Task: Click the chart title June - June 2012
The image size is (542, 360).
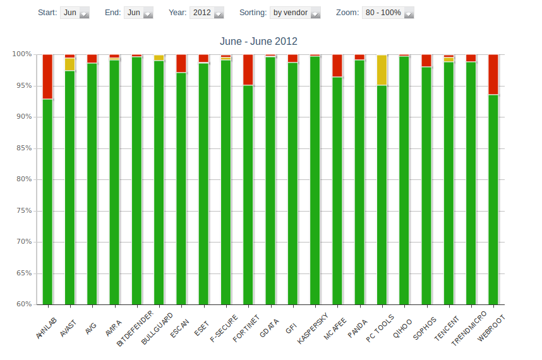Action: tap(258, 42)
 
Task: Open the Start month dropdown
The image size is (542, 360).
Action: tap(75, 13)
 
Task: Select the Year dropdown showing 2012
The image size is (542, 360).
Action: tap(207, 13)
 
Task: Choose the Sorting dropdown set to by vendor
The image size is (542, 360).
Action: tap(296, 13)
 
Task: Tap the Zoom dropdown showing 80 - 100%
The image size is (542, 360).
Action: tap(388, 13)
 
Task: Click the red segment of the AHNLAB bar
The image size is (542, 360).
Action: tap(47, 76)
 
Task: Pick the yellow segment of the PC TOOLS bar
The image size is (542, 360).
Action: tap(382, 69)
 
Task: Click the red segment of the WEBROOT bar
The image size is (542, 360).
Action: tap(493, 75)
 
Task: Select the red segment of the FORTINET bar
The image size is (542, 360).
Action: tap(248, 69)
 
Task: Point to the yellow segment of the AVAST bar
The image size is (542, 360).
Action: tap(69, 64)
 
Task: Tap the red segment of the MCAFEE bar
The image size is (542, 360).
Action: tap(337, 66)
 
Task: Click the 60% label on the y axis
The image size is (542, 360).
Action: tap(23, 304)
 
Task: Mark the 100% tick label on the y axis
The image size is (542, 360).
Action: tap(21, 54)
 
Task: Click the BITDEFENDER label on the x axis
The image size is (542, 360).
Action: tap(135, 328)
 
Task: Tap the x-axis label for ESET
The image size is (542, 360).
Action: tap(202, 320)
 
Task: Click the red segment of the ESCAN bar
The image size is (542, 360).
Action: tap(181, 63)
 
